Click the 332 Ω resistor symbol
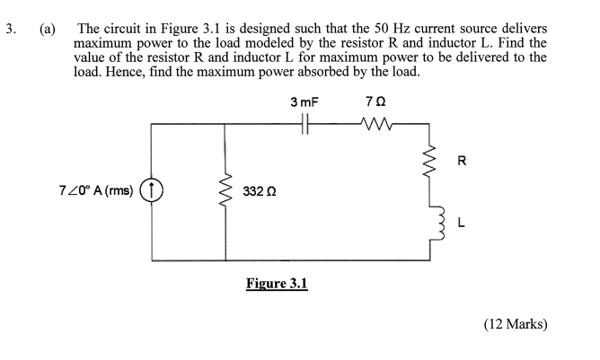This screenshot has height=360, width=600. [x=223, y=190]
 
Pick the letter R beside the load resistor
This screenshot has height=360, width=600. [x=463, y=162]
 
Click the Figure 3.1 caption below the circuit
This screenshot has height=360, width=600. [x=277, y=284]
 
